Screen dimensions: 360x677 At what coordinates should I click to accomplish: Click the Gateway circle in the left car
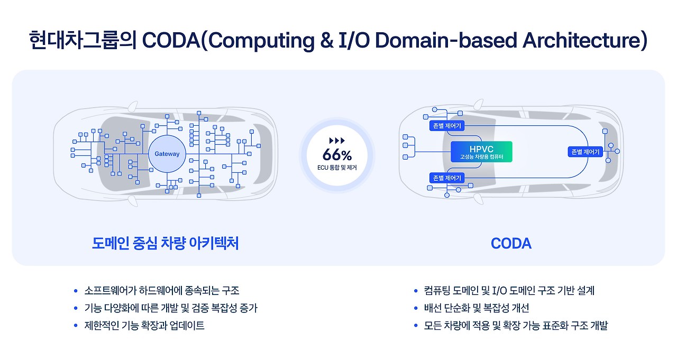coord(167,154)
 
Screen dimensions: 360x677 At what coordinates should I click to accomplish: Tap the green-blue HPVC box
coord(481,152)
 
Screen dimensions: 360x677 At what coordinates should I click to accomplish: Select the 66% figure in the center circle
coord(337,155)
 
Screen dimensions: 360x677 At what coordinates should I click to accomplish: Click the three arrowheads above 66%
coord(337,141)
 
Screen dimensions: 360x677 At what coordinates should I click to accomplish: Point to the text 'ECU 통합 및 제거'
coord(337,168)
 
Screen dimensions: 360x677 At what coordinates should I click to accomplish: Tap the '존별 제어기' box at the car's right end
coord(585,152)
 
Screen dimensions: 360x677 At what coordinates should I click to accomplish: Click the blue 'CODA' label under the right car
coord(510,243)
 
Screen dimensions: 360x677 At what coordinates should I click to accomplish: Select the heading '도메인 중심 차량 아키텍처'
coord(165,243)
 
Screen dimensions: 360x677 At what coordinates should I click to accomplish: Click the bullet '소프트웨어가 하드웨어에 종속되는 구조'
coord(162,290)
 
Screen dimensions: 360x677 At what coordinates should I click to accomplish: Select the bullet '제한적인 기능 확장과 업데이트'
coord(144,325)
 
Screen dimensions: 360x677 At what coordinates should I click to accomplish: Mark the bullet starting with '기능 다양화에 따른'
coord(171,308)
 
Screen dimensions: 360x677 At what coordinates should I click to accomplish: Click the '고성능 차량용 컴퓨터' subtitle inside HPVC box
coord(481,158)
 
